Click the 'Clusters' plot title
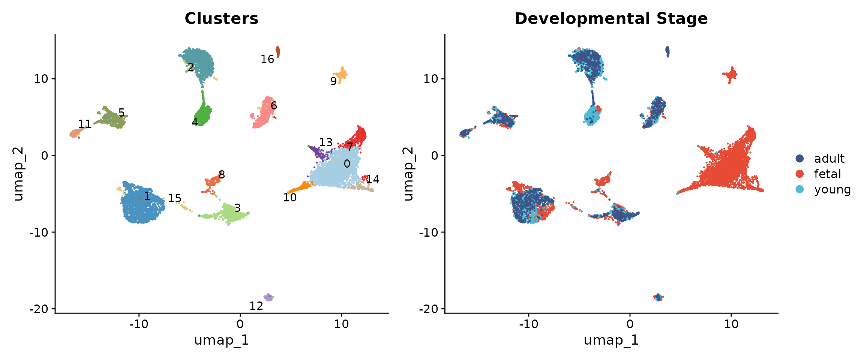pos(221,19)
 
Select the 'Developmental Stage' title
pos(611,19)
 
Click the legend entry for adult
pos(829,159)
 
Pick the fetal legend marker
pos(800,174)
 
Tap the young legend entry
pos(832,189)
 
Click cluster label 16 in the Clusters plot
pos(267,59)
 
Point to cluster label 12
pos(256,306)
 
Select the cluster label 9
pos(333,81)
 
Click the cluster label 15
pos(174,198)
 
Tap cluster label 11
pos(84,124)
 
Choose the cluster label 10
pos(290,198)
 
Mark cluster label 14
pos(373,180)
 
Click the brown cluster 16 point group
pos(278,51)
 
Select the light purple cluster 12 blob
pos(268,297)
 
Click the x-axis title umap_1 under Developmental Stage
pos(611,340)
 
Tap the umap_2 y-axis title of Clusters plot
pos(18,174)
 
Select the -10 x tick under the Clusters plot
pos(139,324)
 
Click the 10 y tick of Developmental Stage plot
pos(430,79)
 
